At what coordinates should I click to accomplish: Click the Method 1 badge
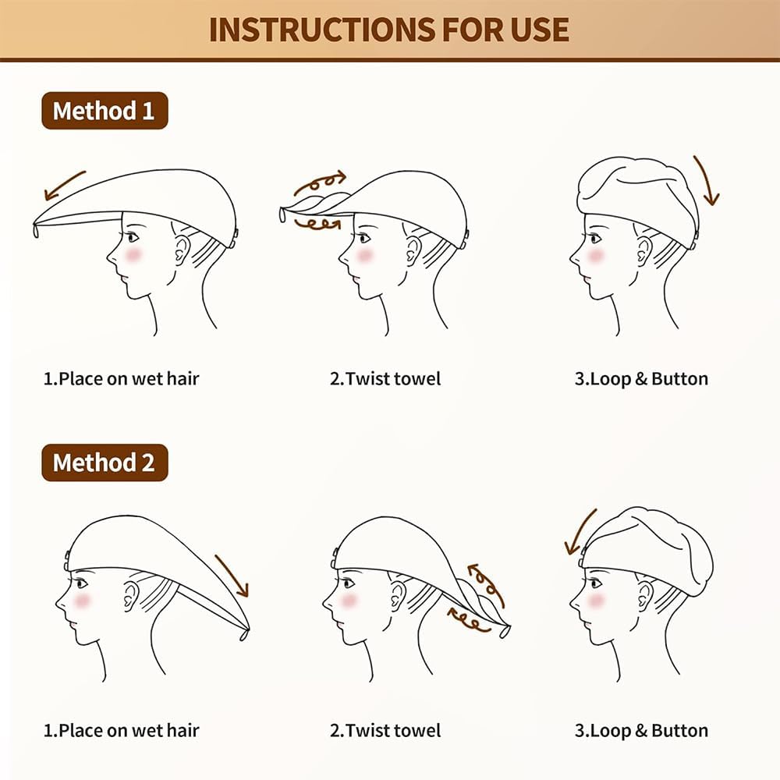point(105,111)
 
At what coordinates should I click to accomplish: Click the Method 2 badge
point(105,463)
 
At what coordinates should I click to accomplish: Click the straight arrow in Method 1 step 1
point(65,185)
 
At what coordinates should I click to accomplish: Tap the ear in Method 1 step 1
point(182,250)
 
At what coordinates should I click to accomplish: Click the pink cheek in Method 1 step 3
point(595,255)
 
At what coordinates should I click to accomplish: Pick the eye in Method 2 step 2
point(349,583)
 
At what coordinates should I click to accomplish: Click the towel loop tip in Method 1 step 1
point(36,230)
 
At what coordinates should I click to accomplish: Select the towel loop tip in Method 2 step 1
point(244,635)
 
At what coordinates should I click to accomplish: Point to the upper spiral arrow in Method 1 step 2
point(319,183)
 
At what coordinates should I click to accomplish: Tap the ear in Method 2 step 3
point(644,595)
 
